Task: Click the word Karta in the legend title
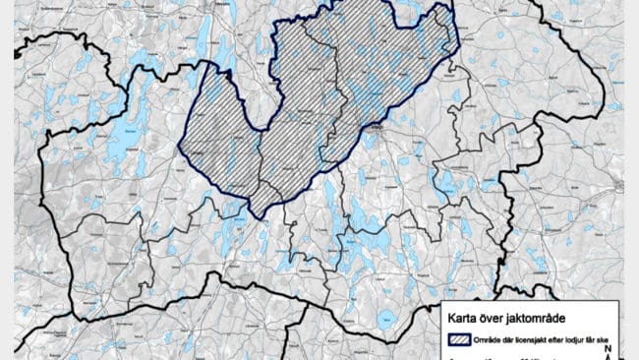click(x=463, y=318)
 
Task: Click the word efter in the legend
click(x=567, y=339)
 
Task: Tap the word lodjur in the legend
click(x=586, y=339)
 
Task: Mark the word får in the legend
click(x=604, y=339)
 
